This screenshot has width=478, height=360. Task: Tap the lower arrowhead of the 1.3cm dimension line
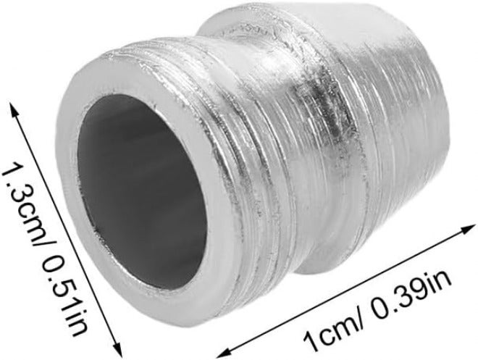click(117, 349)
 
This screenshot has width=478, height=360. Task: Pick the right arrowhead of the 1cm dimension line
click(467, 228)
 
